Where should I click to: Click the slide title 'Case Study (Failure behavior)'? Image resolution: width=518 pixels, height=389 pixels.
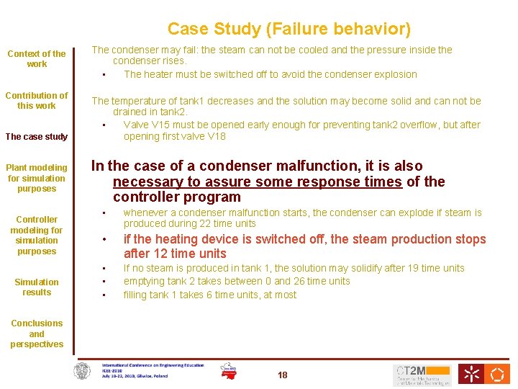point(289,29)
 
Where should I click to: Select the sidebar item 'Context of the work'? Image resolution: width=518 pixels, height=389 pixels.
point(37,58)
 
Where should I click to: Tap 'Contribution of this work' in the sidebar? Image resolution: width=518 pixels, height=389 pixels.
point(37,100)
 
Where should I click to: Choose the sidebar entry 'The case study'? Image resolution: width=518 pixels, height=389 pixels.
point(37,136)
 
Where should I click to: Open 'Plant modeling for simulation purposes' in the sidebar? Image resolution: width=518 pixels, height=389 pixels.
point(37,178)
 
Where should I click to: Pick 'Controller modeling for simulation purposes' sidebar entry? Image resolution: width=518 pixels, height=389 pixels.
point(37,235)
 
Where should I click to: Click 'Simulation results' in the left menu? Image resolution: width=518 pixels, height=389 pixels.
point(37,287)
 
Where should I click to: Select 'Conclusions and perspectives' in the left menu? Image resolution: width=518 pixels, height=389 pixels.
point(37,334)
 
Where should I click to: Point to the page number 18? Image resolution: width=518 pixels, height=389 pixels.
point(282,375)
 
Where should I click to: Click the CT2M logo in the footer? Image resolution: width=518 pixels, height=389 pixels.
point(422,374)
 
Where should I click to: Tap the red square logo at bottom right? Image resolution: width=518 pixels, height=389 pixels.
point(498,374)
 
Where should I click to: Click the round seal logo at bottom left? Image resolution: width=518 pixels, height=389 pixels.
point(83,372)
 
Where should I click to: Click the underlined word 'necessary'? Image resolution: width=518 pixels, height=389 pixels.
point(146,182)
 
